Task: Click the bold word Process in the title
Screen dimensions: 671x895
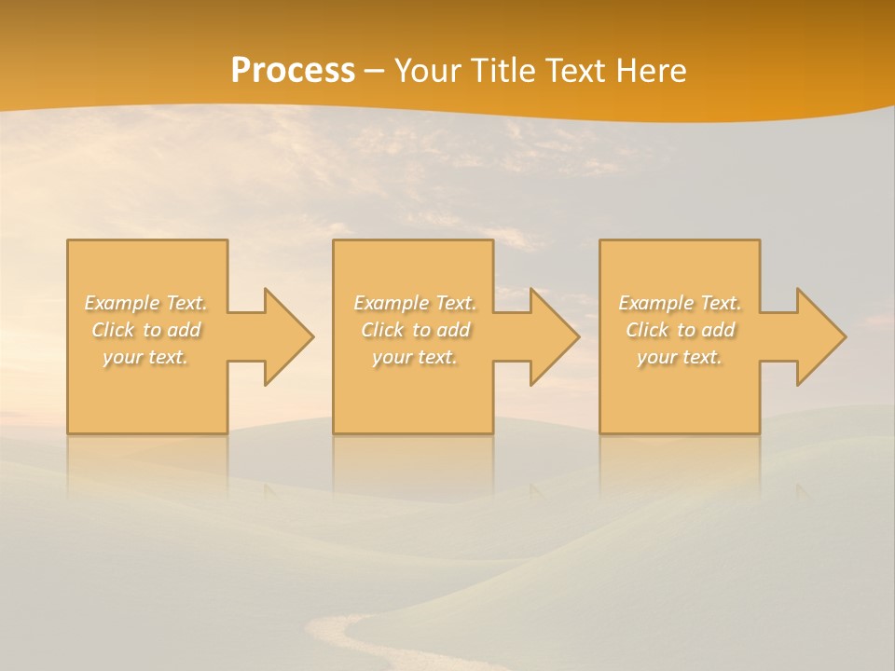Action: (x=293, y=71)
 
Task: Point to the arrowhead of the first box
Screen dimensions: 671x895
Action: (x=285, y=336)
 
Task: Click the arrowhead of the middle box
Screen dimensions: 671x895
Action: (x=552, y=336)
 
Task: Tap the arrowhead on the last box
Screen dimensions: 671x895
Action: (x=818, y=336)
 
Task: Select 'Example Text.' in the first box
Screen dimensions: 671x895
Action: (x=145, y=303)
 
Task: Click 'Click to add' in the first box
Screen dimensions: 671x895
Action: (x=145, y=330)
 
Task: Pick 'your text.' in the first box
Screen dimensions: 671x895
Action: (x=145, y=357)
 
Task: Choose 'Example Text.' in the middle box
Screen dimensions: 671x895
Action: (x=415, y=303)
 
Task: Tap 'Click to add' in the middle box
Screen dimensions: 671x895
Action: (x=415, y=330)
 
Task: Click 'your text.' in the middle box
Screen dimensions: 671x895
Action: (x=415, y=357)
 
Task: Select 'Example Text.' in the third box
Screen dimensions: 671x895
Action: (x=680, y=303)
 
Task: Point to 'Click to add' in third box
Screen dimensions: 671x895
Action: (x=680, y=330)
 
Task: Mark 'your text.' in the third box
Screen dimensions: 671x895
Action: (x=680, y=357)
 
